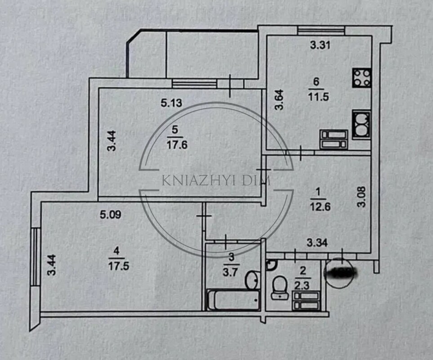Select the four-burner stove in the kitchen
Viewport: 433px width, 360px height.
coord(362,77)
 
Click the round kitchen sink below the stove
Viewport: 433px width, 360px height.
coord(362,125)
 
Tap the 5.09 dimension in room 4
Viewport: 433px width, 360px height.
coord(110,215)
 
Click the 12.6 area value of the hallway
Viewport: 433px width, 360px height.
coord(318,207)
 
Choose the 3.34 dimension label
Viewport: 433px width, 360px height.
coord(317,243)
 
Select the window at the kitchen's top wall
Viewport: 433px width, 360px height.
coord(321,30)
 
